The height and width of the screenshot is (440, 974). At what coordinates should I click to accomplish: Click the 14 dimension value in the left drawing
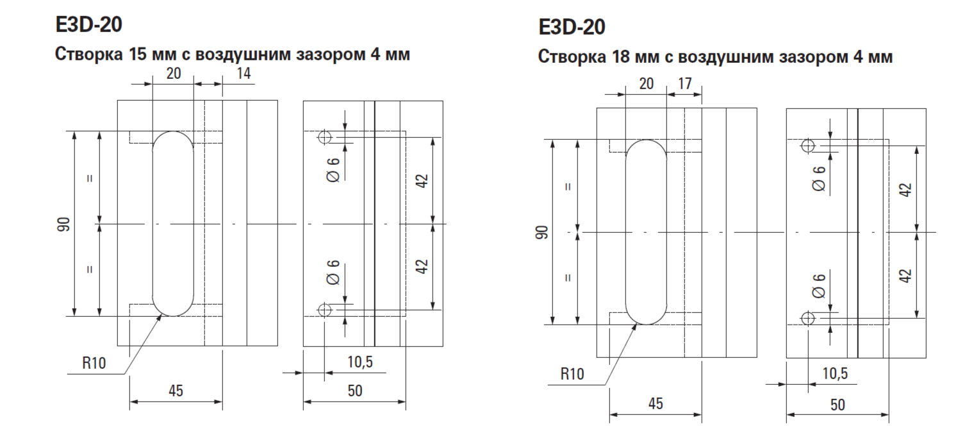click(244, 73)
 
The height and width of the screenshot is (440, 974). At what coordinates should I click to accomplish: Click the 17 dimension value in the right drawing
click(684, 83)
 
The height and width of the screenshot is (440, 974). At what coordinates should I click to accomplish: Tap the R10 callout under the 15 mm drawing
click(94, 362)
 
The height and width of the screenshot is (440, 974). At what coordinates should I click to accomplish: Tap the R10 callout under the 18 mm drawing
click(572, 374)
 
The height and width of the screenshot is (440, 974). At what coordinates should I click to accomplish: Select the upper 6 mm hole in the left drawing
click(325, 137)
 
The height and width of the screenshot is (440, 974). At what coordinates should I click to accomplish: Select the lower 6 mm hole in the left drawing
click(325, 310)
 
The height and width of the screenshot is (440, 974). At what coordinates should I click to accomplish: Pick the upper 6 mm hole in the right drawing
click(808, 146)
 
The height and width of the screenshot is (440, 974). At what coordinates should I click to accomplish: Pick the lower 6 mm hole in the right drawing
click(808, 319)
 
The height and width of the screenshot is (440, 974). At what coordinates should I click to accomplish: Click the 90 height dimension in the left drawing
click(63, 224)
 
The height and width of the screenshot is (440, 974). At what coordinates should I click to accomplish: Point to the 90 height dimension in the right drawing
click(542, 232)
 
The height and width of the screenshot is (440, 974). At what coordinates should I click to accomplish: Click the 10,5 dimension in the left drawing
click(360, 362)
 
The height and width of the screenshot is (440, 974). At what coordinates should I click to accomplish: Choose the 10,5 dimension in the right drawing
click(836, 373)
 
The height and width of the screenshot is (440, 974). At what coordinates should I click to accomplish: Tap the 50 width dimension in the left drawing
click(355, 391)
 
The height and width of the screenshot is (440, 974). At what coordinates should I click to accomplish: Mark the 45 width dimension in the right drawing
click(656, 403)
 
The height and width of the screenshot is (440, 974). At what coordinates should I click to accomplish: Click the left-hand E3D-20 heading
click(88, 24)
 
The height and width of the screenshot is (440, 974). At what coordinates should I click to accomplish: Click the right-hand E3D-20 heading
click(572, 27)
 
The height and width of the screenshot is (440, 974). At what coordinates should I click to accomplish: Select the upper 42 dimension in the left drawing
click(422, 181)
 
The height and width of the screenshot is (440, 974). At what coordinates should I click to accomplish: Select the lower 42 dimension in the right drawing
click(905, 276)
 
